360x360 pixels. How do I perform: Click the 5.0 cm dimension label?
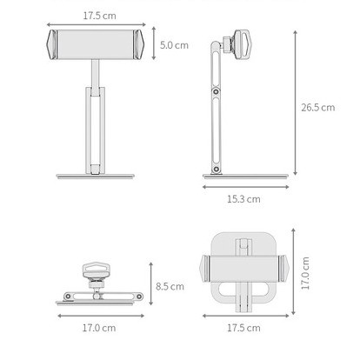174,45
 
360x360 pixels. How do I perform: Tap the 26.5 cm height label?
318,108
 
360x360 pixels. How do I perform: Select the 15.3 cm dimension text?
243,199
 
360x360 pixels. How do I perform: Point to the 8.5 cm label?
170,286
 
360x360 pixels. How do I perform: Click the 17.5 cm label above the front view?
99,16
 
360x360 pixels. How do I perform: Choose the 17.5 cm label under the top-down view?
243,328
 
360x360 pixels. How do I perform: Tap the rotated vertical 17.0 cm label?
305,273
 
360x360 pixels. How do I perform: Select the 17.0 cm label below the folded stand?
99,328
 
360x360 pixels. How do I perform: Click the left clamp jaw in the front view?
52,44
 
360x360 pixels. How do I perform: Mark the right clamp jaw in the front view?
139,44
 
